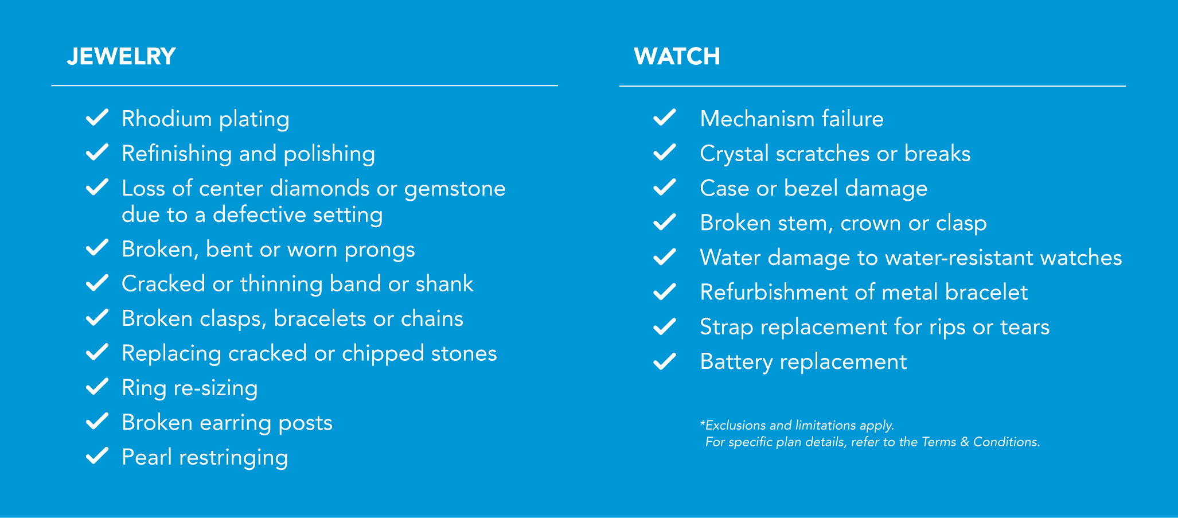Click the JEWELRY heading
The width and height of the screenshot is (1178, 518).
click(x=121, y=56)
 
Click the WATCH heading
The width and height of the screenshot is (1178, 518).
click(x=677, y=56)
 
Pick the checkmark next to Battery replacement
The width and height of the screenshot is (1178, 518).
click(x=665, y=361)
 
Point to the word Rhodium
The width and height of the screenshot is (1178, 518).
click(x=167, y=119)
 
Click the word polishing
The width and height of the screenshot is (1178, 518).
click(x=329, y=154)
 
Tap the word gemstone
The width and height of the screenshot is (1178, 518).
click(x=455, y=189)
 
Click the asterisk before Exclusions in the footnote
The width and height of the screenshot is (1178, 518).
click(x=703, y=423)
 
